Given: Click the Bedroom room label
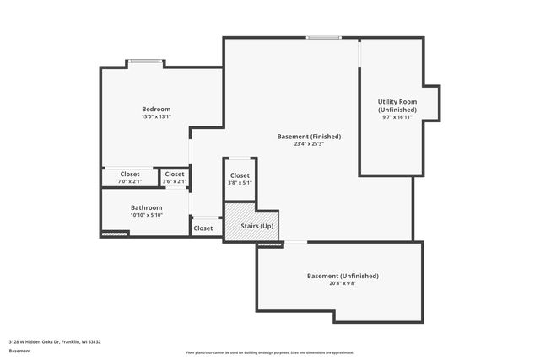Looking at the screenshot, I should (155, 109).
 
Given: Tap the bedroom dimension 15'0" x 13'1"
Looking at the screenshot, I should (155, 117).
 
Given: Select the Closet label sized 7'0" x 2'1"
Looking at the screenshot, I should (130, 174).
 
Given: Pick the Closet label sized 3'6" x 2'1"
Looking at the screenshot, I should (174, 174).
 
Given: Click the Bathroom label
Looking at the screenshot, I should (146, 207).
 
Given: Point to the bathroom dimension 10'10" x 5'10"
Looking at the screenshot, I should (146, 215).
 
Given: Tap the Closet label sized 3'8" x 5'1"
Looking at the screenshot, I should (240, 175).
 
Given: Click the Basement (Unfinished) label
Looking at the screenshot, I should (343, 276).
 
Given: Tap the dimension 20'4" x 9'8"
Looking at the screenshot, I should (343, 283).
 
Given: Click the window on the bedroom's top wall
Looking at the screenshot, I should (145, 61).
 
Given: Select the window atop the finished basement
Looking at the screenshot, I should (323, 37).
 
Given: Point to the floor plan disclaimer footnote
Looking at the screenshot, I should (269, 352).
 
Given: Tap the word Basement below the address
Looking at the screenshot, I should (19, 351).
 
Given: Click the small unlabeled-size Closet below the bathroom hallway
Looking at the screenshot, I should (203, 228).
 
